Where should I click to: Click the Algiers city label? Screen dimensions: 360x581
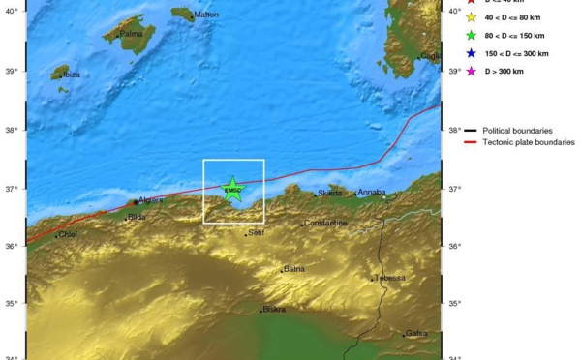pos(150,200)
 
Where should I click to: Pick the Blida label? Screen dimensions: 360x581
pos(137,217)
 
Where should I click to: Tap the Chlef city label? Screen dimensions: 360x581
pos(67,234)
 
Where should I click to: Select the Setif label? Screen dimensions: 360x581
pos(256,232)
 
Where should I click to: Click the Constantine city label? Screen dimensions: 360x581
pos(325,224)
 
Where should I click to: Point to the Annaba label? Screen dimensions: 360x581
pos(372,193)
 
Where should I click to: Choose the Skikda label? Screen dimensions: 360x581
pos(327,194)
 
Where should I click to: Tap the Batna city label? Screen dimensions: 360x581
pos(293,269)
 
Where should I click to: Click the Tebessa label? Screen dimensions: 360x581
pos(390,278)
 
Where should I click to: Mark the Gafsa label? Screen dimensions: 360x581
pos(416,334)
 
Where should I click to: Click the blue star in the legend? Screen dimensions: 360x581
pos(471,53)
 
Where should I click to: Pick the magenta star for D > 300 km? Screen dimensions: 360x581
pos(471,72)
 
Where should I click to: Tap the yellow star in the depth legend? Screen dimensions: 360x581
pos(471,16)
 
